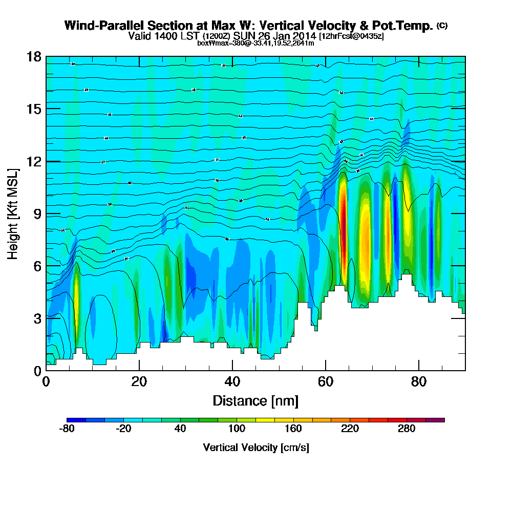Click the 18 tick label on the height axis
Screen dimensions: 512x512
34,57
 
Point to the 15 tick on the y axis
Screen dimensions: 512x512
34,109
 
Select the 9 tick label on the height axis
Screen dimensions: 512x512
37,214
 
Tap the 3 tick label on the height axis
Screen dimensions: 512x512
37,318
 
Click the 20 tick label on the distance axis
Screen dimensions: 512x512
139,381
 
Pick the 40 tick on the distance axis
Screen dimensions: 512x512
232,381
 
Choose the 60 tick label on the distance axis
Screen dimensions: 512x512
326,381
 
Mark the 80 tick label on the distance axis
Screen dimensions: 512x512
419,381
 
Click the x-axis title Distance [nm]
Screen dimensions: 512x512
255,400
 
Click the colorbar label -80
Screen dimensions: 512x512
67,429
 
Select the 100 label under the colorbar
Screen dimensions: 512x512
237,429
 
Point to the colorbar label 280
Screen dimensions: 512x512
406,429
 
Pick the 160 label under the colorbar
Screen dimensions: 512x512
293,429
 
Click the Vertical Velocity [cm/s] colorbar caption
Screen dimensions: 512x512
255,447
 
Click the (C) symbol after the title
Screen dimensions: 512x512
442,25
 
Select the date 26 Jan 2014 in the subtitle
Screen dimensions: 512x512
287,36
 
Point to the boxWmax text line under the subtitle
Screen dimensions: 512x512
255,43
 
